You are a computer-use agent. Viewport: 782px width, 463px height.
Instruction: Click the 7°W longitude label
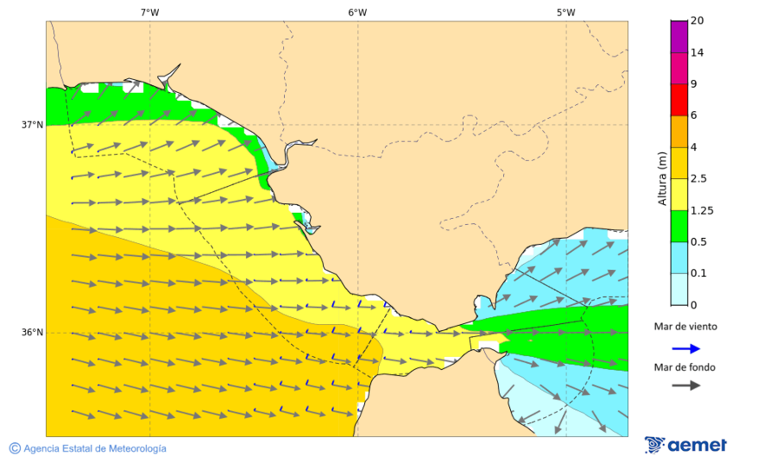149,12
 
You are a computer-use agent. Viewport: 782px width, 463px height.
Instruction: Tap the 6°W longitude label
357,12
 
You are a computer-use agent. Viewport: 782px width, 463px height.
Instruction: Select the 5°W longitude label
566,12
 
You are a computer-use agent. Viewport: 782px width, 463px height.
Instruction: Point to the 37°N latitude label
32,124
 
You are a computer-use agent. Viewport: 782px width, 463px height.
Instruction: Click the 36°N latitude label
32,333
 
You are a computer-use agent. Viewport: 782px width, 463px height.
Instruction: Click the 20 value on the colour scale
697,21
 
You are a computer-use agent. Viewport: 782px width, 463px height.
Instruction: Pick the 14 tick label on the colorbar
697,52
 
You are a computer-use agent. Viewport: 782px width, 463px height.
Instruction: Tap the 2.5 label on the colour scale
699,179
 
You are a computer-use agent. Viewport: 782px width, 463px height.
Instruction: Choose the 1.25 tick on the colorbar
701,210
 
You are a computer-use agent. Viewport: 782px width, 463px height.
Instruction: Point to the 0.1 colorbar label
699,274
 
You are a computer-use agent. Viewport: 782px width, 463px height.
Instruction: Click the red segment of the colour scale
679,99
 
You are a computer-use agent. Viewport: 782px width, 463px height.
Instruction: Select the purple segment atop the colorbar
679,36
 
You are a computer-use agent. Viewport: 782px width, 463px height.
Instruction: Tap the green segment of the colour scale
679,226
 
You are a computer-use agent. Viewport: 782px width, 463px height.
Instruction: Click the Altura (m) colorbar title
663,178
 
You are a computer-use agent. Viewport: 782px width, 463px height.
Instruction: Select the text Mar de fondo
686,367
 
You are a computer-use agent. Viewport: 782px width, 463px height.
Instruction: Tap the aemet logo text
697,445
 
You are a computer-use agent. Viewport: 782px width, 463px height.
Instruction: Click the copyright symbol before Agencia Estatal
15,448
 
